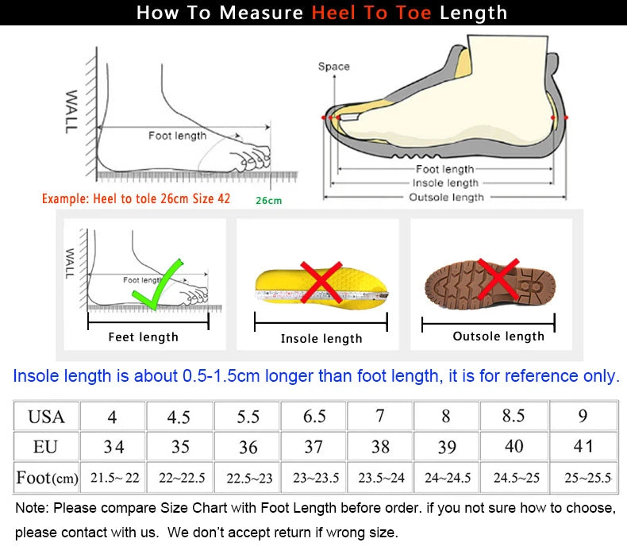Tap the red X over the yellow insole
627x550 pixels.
321,282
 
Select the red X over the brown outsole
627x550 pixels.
498,279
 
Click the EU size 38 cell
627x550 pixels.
380,446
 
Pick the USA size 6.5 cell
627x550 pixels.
314,416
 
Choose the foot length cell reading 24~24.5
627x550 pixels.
447,477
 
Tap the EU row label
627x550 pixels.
45,446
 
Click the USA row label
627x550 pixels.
46,417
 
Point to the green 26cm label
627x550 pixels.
269,201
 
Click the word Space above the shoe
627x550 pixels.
334,67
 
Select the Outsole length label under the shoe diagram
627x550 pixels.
446,197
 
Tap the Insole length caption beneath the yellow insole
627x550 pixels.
321,338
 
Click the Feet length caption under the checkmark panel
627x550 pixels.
143,337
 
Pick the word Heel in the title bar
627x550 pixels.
333,13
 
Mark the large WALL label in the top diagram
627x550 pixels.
71,112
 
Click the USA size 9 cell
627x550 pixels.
583,416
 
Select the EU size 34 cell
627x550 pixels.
113,446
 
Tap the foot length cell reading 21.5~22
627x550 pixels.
114,477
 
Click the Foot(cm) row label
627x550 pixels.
47,478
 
